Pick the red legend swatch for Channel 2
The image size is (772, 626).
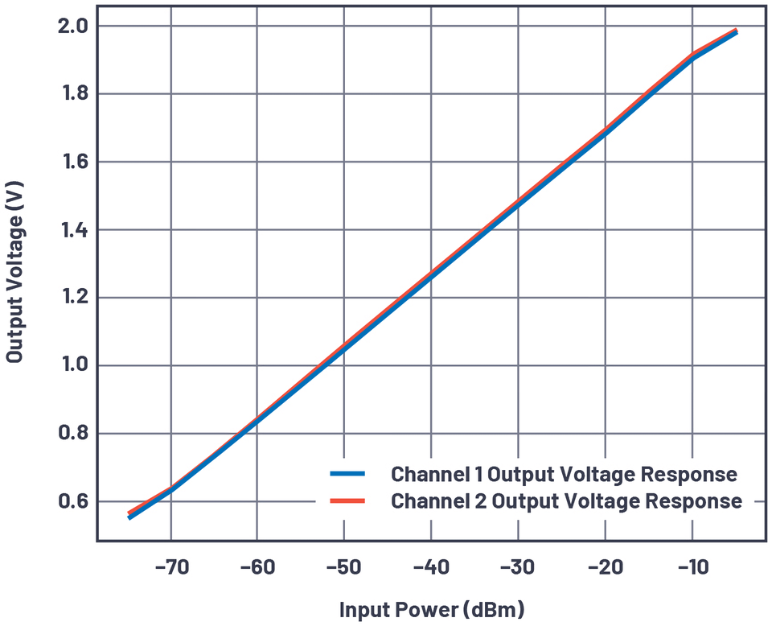point(347,501)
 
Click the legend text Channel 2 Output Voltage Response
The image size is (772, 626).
point(566,501)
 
